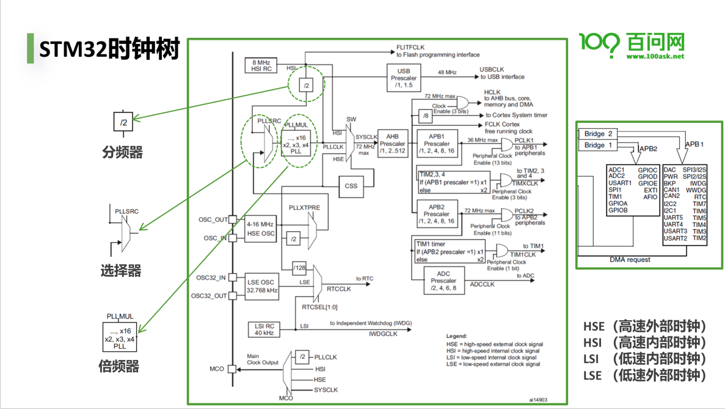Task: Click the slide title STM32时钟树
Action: [x=109, y=48]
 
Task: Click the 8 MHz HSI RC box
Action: [x=261, y=65]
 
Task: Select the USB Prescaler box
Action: [x=403, y=78]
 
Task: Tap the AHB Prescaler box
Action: [x=392, y=144]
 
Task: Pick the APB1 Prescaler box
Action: [x=437, y=144]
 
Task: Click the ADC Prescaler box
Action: [x=444, y=281]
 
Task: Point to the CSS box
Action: [x=351, y=186]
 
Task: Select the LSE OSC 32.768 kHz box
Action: [x=262, y=286]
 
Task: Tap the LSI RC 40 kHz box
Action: [x=264, y=329]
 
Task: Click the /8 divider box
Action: [x=425, y=116]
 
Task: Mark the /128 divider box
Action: [x=299, y=268]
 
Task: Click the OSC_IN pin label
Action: [x=215, y=238]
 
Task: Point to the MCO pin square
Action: [x=232, y=369]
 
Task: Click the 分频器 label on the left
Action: [x=122, y=152]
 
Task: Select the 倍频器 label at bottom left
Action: [x=119, y=366]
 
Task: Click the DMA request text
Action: [x=630, y=260]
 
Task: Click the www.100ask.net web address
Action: [x=655, y=56]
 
